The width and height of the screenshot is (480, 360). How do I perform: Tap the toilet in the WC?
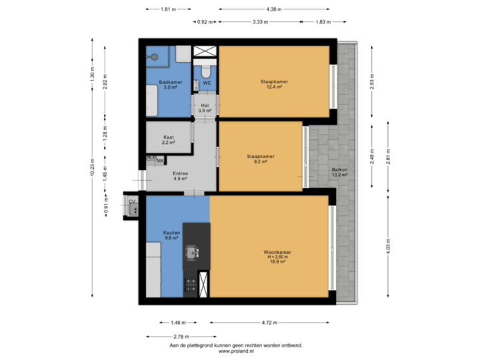point(205,69)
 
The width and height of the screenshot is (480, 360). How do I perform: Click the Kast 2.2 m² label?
point(169,139)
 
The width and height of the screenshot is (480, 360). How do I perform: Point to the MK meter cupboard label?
point(160,161)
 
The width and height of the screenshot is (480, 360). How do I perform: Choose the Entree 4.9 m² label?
point(181,176)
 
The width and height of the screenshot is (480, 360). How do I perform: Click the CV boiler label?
point(132,201)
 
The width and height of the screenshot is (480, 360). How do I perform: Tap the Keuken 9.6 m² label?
point(172,235)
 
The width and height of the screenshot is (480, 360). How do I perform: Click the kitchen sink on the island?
point(195,252)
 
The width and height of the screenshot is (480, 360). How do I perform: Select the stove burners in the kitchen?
point(191,285)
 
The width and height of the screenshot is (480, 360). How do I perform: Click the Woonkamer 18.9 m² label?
point(277,257)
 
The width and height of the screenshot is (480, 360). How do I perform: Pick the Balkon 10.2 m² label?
point(341,173)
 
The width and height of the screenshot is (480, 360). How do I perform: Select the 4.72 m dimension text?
point(269,323)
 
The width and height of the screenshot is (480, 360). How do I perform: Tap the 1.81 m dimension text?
point(168,9)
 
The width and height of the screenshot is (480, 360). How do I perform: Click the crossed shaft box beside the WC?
point(205,51)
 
